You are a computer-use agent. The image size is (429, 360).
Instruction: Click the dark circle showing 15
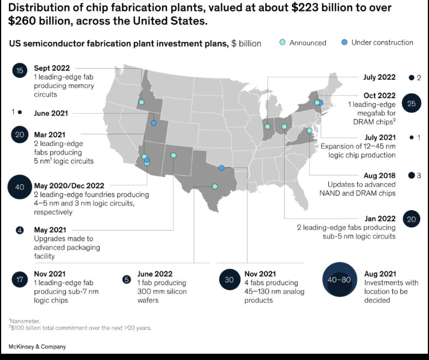19,70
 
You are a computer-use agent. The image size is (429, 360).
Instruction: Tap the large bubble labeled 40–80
340,279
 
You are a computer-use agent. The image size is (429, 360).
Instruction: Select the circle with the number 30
229,279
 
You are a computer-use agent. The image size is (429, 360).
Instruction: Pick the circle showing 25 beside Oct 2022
411,104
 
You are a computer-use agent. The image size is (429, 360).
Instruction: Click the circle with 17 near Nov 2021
19,279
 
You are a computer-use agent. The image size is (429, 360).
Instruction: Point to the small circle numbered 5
127,280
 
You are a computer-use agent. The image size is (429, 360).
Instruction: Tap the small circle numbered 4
19,230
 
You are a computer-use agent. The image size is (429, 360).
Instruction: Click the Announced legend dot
282,42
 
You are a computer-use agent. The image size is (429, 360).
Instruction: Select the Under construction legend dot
344,42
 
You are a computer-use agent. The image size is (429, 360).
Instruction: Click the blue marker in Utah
154,123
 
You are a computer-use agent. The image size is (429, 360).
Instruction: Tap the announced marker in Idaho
141,102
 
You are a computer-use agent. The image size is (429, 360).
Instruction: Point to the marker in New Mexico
174,155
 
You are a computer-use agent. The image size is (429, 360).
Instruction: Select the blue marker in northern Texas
222,168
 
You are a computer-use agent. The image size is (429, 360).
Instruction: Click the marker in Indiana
267,126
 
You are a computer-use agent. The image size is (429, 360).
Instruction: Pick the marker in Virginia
309,130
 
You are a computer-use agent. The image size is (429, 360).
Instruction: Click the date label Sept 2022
52,68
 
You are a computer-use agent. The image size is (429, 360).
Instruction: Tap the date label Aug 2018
380,176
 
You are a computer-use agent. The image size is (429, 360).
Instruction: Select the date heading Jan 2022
380,219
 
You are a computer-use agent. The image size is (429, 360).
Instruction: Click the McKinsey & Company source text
37,347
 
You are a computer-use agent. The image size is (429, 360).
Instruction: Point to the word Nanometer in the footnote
25,321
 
